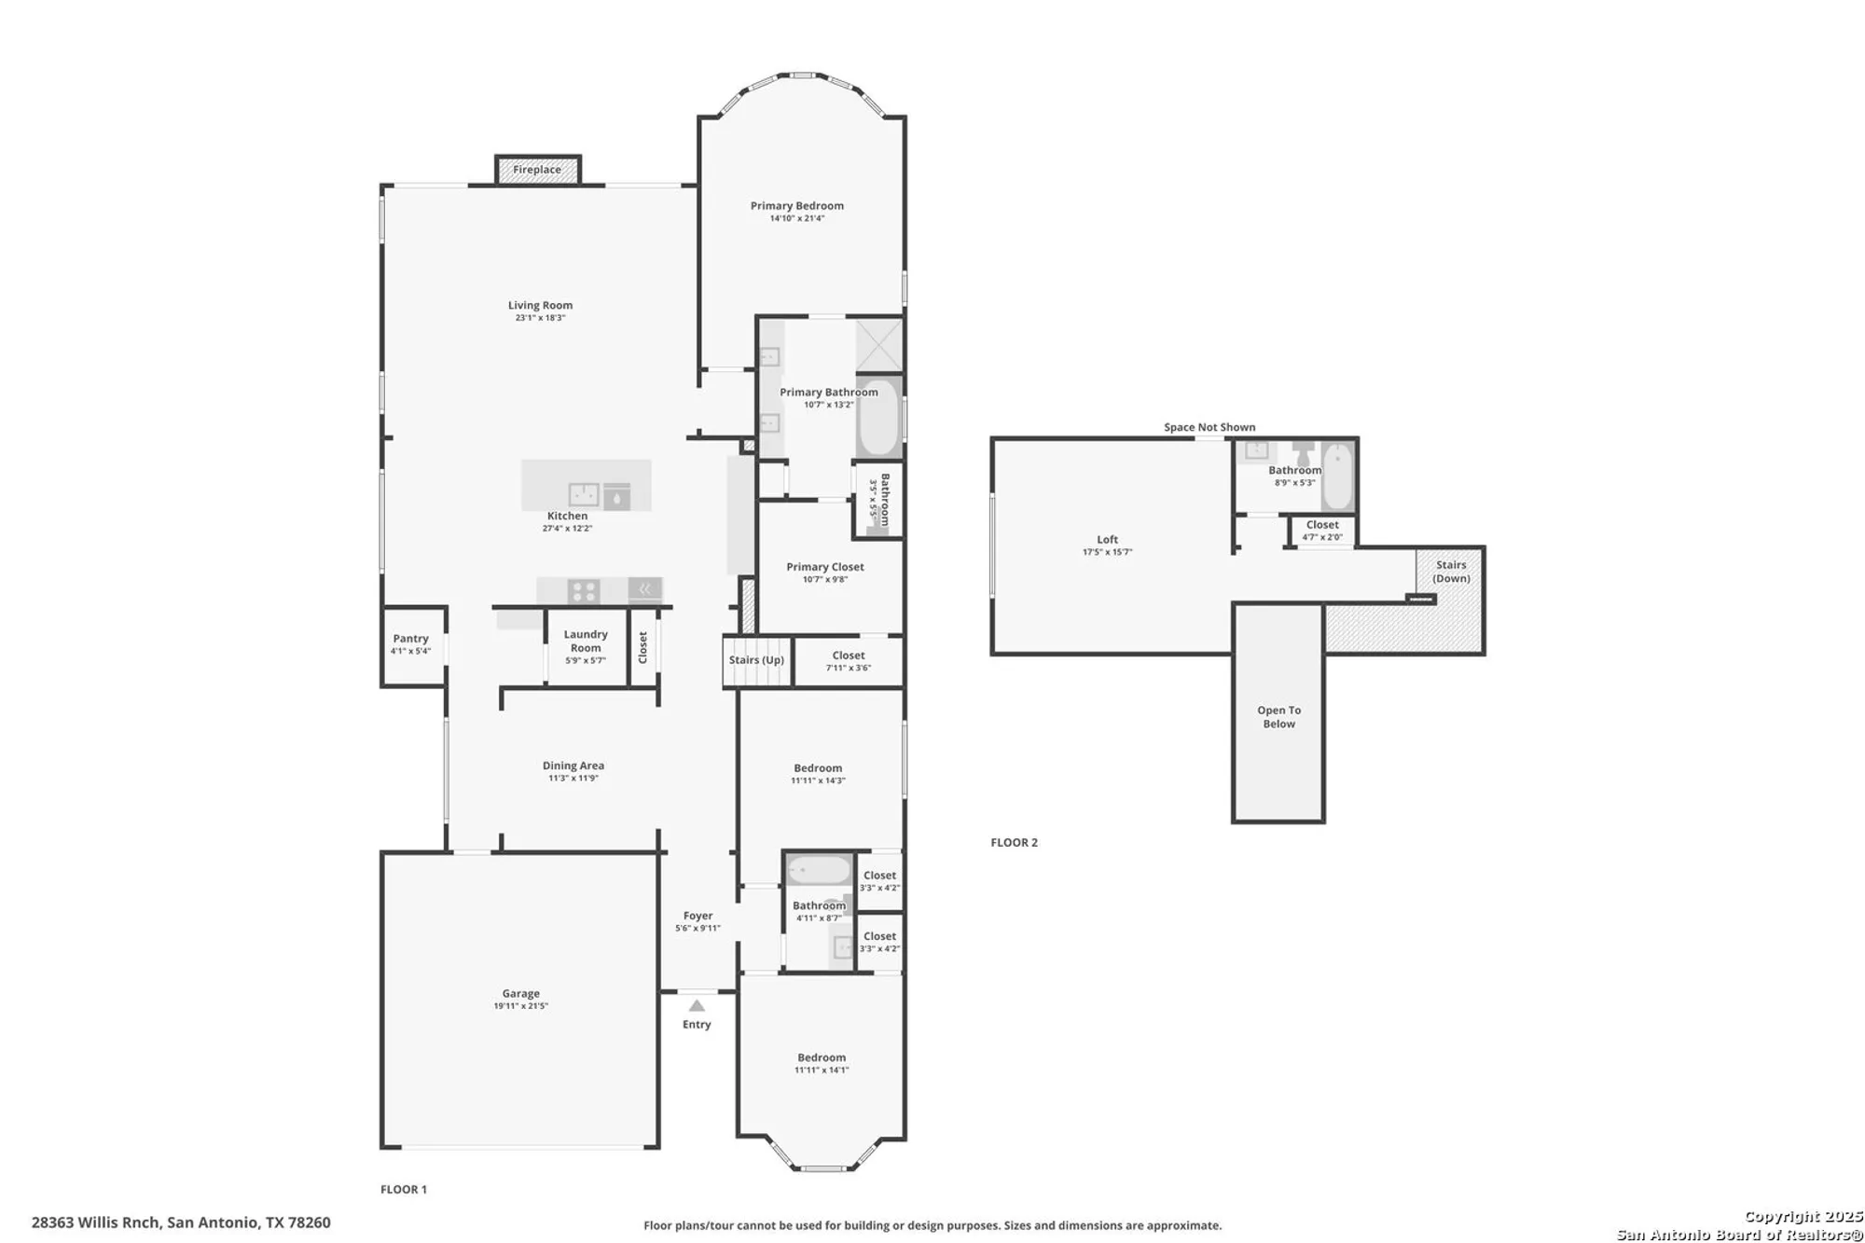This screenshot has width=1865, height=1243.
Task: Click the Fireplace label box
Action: (x=537, y=170)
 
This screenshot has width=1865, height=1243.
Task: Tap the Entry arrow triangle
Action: (x=697, y=1005)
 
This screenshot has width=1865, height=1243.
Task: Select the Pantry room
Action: (x=412, y=645)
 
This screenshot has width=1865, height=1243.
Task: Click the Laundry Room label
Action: (x=586, y=641)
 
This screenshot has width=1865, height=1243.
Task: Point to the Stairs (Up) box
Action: (x=756, y=660)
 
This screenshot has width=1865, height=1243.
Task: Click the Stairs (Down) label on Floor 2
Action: (x=1451, y=572)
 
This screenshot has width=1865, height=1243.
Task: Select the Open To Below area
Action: (x=1278, y=716)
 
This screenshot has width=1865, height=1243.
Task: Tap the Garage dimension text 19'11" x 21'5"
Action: (x=521, y=1006)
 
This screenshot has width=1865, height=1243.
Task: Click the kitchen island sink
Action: (x=585, y=494)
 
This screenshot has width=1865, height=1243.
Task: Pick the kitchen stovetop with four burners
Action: (x=584, y=591)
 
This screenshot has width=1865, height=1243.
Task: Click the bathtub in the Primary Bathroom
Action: (x=877, y=417)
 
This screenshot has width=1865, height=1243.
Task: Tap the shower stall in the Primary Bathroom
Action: (x=879, y=345)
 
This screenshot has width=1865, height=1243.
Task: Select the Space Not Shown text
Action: (x=1209, y=427)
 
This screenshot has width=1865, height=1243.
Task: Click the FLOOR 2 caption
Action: (x=1014, y=842)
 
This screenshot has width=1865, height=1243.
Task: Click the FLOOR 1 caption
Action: (x=404, y=1189)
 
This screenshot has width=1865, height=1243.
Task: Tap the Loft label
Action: (x=1107, y=540)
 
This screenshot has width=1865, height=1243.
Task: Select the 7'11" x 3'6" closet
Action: (x=848, y=661)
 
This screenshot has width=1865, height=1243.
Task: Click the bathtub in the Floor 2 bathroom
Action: (x=1337, y=476)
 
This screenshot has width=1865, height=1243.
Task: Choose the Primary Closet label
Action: (x=825, y=567)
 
